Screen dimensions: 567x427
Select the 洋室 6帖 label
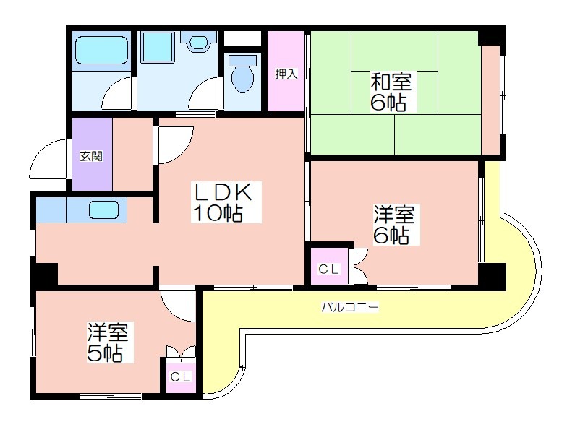click(395, 224)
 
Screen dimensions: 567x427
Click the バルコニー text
click(350, 308)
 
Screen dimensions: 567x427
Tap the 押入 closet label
click(286, 74)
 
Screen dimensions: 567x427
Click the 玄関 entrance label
click(91, 156)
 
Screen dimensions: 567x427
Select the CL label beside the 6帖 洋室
click(328, 269)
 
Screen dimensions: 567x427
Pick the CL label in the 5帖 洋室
click(181, 377)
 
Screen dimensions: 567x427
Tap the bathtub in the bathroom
click(101, 51)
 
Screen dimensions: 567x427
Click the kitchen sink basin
click(104, 210)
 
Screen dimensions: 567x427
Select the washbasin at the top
click(198, 42)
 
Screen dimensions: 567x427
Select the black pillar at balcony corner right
click(492, 276)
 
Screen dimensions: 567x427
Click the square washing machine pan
click(158, 48)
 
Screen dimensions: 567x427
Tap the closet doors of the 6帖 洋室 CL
click(360, 267)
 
